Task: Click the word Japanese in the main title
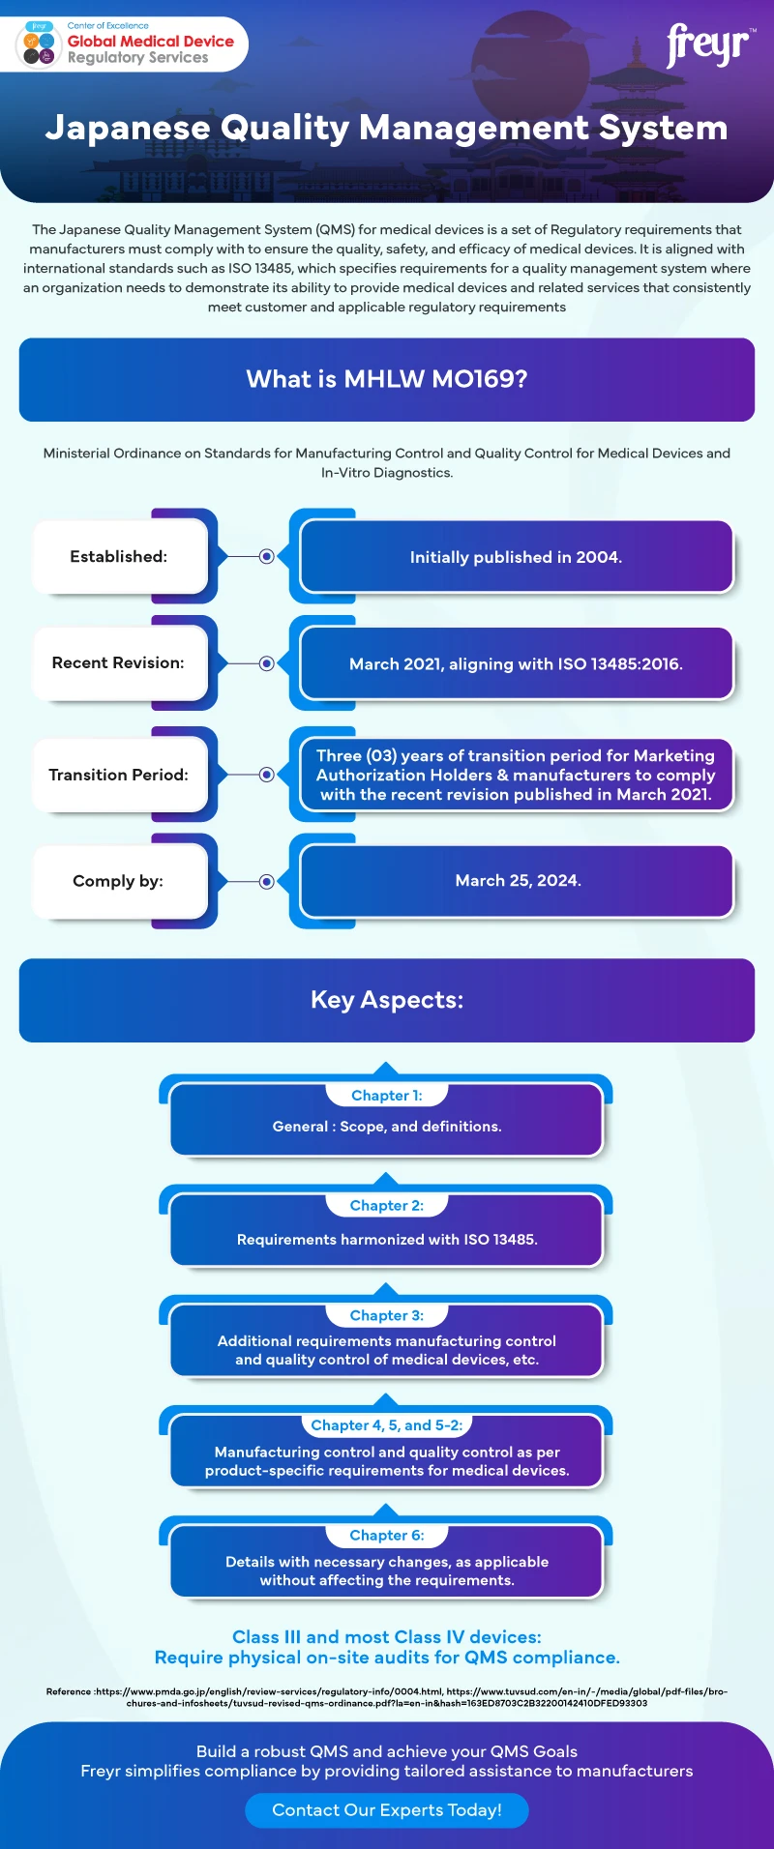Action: coord(128,129)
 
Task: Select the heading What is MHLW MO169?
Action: coord(387,379)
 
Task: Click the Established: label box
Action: coord(120,557)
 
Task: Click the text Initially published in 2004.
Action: coord(516,557)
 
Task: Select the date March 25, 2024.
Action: coord(519,880)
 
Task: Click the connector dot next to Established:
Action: coord(267,557)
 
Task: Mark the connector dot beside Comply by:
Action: coord(267,881)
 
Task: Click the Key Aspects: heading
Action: coord(387,1000)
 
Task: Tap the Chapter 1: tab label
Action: coord(387,1096)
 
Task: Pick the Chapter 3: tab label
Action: coord(387,1315)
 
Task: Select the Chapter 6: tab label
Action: coord(387,1536)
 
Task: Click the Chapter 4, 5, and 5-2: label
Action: coord(387,1425)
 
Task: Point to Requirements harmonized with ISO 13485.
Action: coord(387,1240)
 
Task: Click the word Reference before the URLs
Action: coord(69,1691)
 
